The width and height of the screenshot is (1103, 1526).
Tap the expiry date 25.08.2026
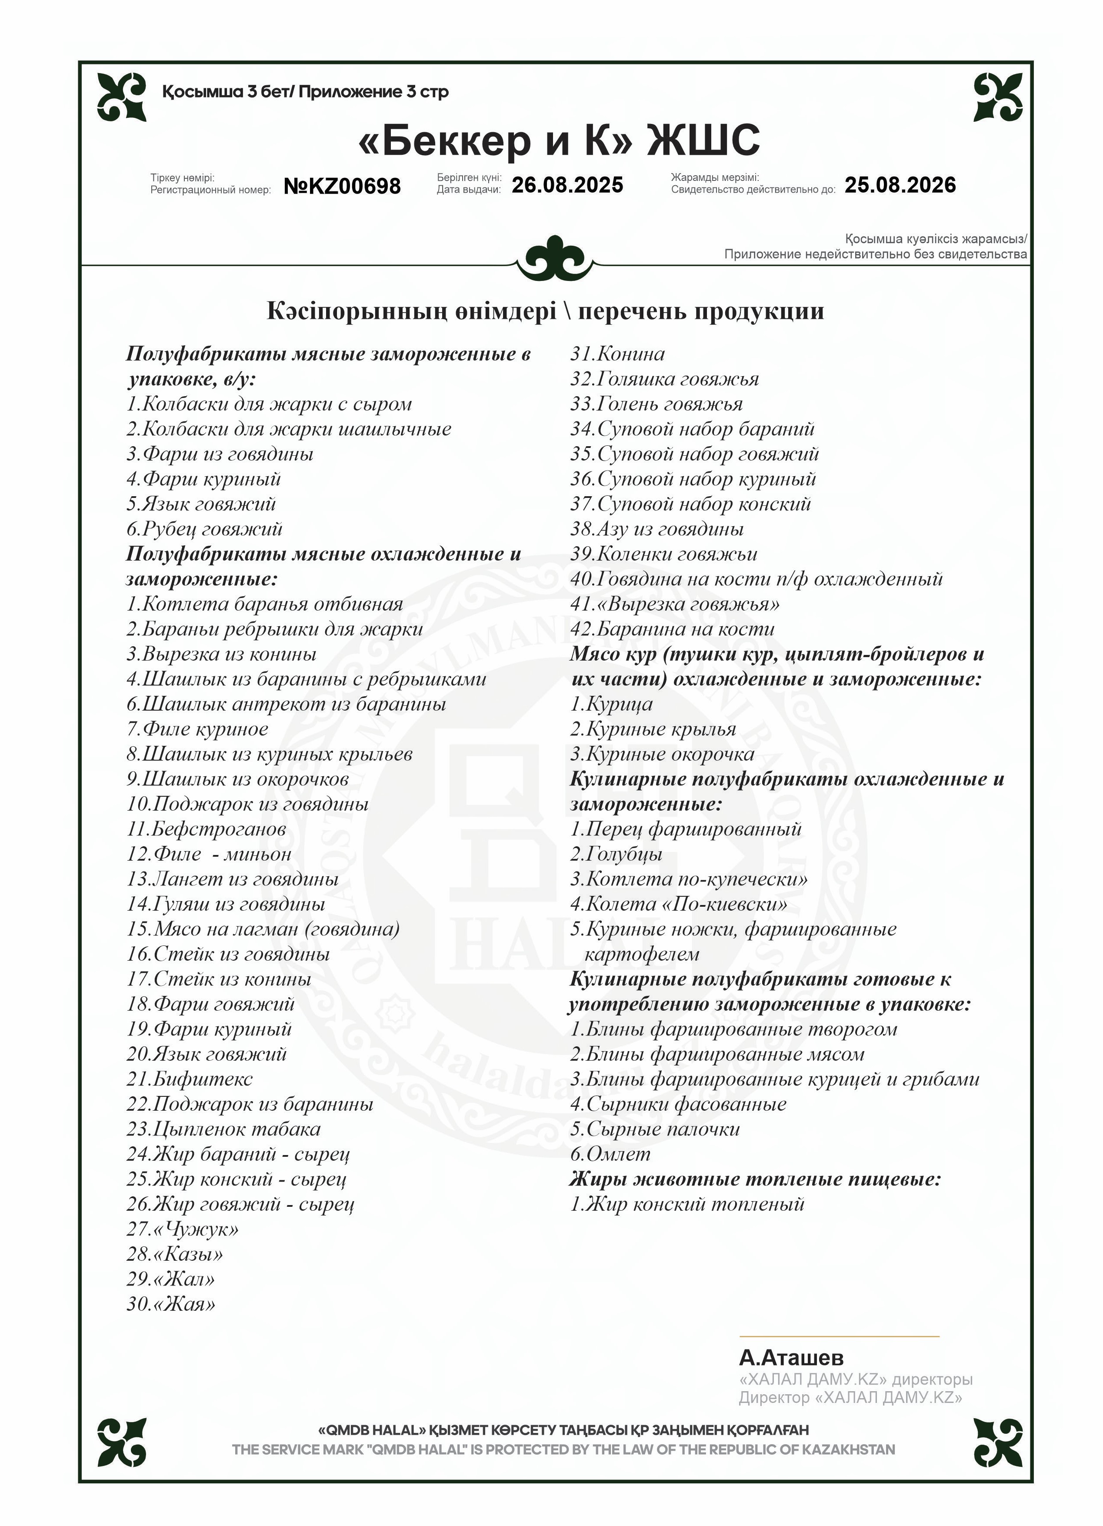coord(900,185)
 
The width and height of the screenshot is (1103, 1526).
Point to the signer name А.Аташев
coord(791,1357)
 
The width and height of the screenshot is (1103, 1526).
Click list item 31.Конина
coord(617,354)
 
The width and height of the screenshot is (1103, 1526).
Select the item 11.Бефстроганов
coord(206,829)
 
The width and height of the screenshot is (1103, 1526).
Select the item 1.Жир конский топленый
coord(686,1204)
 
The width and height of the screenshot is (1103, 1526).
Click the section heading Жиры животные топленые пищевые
coord(755,1179)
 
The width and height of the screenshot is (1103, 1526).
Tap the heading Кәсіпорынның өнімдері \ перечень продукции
coord(545,311)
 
